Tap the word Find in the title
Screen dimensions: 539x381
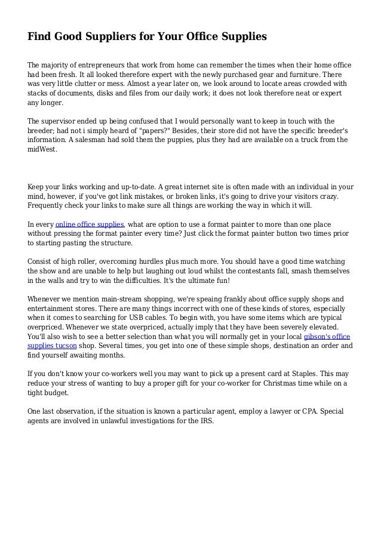click(x=40, y=37)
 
